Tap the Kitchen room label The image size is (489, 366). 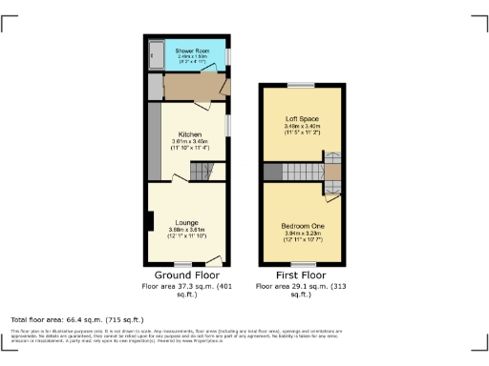[x=186, y=134]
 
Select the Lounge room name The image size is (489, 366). [x=186, y=221]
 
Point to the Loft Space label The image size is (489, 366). [x=301, y=117]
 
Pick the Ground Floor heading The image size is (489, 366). [x=185, y=274]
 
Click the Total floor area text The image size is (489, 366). [x=76, y=319]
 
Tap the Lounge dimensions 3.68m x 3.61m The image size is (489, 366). [x=186, y=230]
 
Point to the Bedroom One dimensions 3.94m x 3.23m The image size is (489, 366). [x=301, y=234]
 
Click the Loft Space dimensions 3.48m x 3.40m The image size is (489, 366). [x=301, y=127]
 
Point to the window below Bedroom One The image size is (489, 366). [x=300, y=265]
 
